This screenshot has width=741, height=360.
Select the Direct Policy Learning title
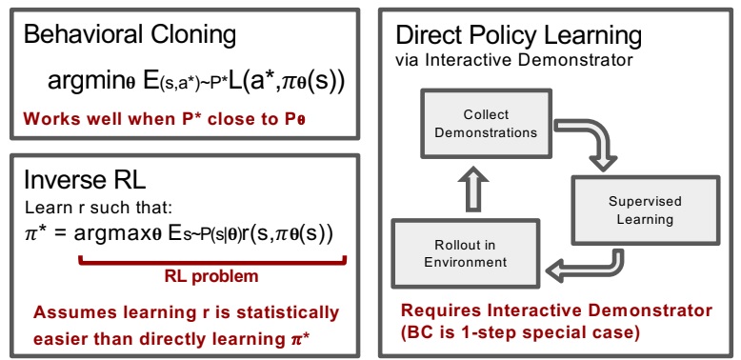518,37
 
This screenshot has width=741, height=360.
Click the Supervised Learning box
628,210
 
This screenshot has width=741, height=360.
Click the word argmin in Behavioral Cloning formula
82,84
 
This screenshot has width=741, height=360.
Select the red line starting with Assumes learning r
186,311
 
